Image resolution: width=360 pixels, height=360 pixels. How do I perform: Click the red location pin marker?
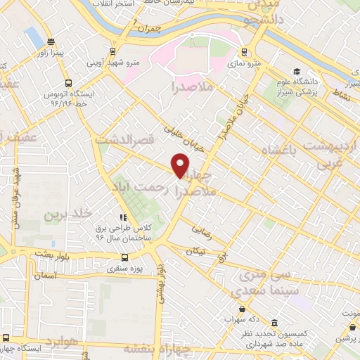[x=181, y=165]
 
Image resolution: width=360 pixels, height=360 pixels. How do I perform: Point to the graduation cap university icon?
[x=297, y=72]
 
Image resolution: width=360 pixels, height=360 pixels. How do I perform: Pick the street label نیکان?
[x=196, y=251]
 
